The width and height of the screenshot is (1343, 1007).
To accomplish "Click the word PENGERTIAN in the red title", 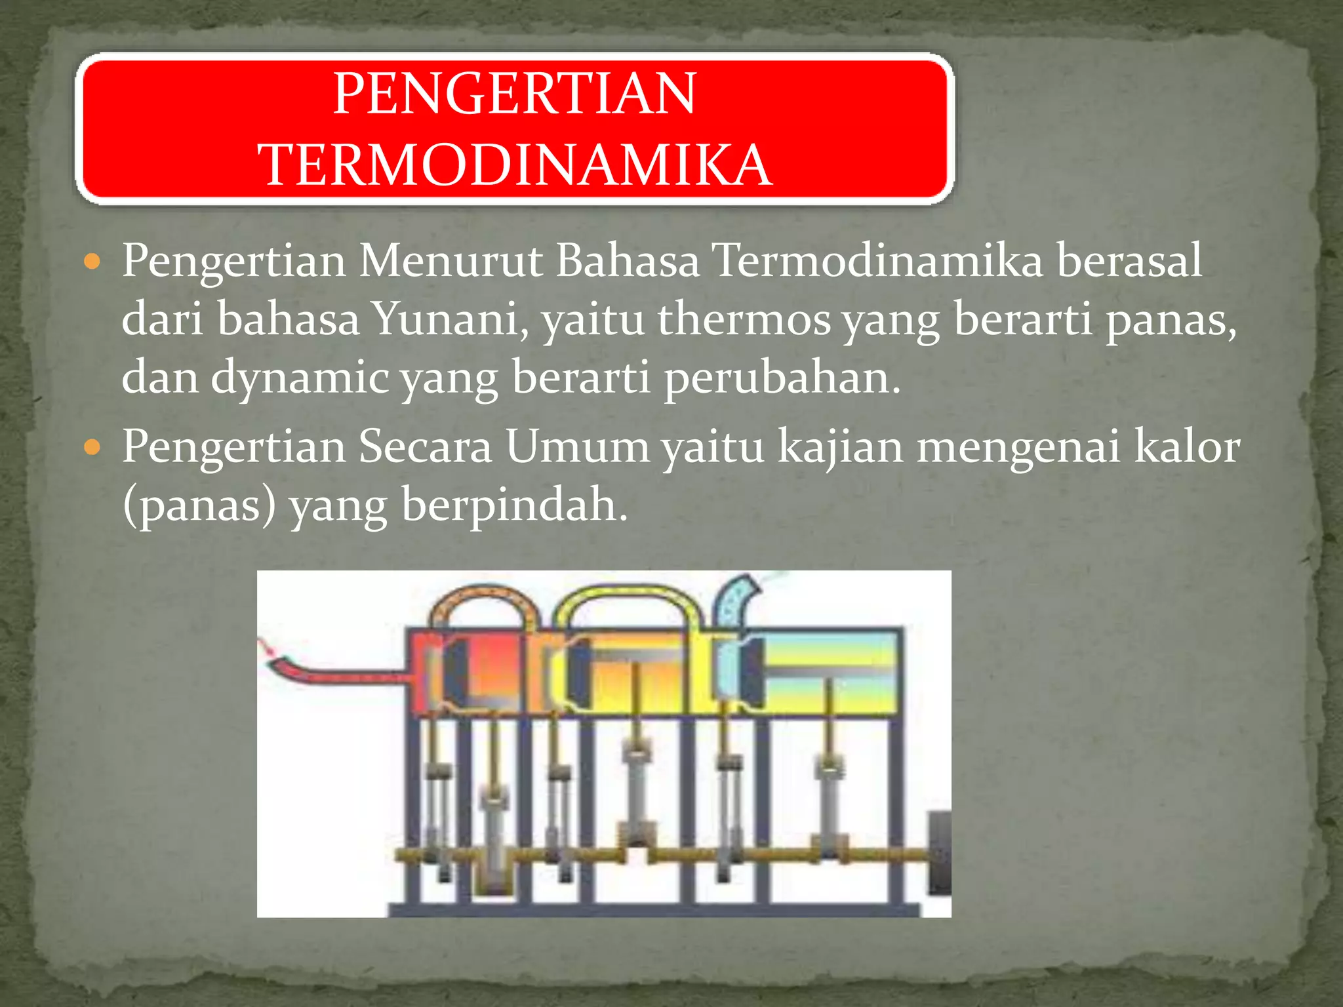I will click(515, 94).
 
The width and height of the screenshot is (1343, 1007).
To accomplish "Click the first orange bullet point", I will click(92, 262).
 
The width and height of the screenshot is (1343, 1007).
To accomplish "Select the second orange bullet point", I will click(92, 448).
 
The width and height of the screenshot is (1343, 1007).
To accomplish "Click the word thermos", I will click(744, 319).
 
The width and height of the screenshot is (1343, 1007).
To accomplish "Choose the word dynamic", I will click(300, 378).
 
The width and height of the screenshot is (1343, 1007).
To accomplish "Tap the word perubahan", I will click(782, 378).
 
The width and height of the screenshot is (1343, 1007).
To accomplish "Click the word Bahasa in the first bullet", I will click(628, 261).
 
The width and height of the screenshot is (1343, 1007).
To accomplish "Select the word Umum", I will click(577, 447).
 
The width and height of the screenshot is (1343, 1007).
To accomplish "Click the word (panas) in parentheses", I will click(199, 506).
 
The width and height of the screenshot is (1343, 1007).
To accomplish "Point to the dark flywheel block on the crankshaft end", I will click(940, 852).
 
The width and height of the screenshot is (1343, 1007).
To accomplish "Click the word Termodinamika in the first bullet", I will click(877, 261).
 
